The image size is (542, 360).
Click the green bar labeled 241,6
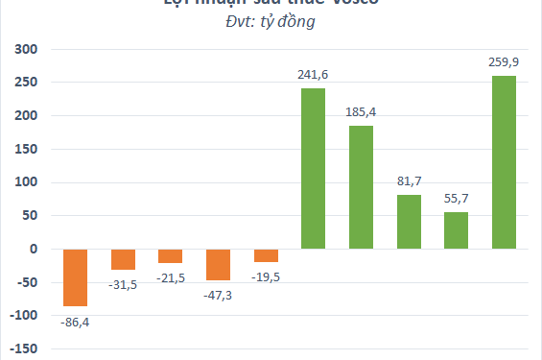pyautogui.click(x=314, y=169)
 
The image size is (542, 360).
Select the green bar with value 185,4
pyautogui.click(x=362, y=187)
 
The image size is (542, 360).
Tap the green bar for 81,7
pyautogui.click(x=410, y=222)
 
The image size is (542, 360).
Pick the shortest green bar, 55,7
pyautogui.click(x=457, y=230)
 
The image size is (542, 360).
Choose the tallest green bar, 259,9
pyautogui.click(x=505, y=162)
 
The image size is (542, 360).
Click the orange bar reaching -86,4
pyautogui.click(x=76, y=277)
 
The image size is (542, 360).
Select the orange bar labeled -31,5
pyautogui.click(x=123, y=259)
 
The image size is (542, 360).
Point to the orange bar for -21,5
pyautogui.click(x=171, y=256)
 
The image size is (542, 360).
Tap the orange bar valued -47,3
pyautogui.click(x=219, y=265)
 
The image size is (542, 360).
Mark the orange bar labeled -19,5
pyautogui.click(x=266, y=255)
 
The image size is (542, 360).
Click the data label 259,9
pyautogui.click(x=505, y=62)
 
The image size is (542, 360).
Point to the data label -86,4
pyautogui.click(x=76, y=321)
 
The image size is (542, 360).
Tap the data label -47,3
pyautogui.click(x=219, y=295)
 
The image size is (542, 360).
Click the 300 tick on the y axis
pyautogui.click(x=24, y=50)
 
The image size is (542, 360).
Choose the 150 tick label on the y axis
pyautogui.click(x=24, y=150)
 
